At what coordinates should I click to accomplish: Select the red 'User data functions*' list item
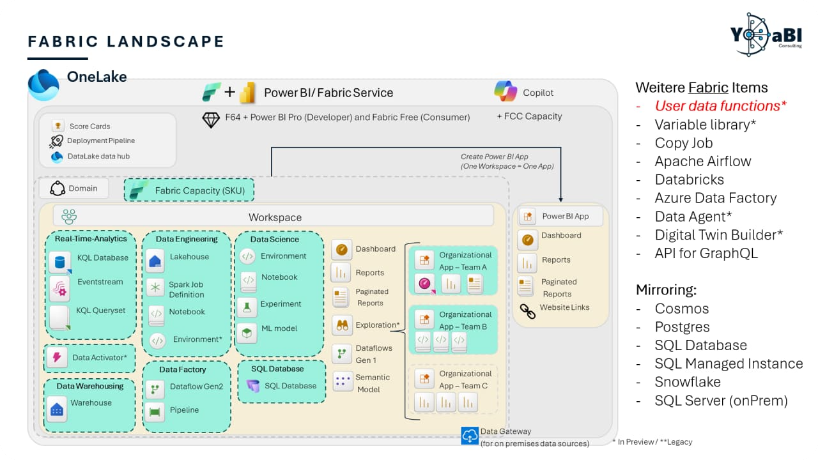coord(720,106)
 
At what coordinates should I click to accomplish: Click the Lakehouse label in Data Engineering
coord(189,257)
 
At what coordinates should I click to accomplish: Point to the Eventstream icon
coord(59,289)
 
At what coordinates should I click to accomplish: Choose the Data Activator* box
coord(89,358)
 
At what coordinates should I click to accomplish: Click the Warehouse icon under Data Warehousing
coord(57,408)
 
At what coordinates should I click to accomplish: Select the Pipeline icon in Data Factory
coord(155,412)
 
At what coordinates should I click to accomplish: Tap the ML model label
coord(279,328)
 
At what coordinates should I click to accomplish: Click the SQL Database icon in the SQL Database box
coord(254,386)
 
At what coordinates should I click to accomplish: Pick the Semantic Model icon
coord(343,381)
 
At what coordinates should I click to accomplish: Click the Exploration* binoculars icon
coord(343,325)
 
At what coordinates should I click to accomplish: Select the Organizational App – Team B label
coord(465,320)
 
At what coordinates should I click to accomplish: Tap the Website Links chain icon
coord(527,311)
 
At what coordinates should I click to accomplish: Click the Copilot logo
coord(505,91)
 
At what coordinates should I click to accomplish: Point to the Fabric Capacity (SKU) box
coord(189,190)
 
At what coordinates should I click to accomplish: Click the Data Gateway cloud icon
coord(470,436)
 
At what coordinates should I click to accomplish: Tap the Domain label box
coord(73,188)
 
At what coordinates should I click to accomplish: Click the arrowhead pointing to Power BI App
coord(561,199)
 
